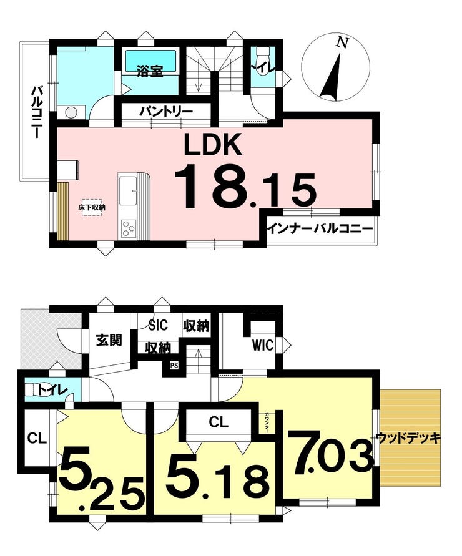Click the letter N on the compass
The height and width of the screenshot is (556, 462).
click(342, 42)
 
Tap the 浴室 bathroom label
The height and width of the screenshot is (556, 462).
click(150, 71)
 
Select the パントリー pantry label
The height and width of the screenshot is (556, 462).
click(166, 112)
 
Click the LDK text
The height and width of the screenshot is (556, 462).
click(212, 144)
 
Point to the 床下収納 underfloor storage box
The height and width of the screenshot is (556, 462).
click(92, 207)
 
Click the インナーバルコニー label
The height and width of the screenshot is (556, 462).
click(320, 229)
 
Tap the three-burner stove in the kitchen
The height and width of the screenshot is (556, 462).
click(129, 228)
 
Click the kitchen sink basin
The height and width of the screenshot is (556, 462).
click(127, 190)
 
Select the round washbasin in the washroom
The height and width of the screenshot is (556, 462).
click(71, 113)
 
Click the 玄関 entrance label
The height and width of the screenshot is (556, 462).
click(109, 339)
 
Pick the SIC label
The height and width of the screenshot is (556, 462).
click(158, 325)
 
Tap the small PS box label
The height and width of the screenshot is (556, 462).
click(174, 365)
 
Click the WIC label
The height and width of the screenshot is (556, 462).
click(263, 345)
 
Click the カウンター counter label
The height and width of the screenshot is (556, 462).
click(267, 423)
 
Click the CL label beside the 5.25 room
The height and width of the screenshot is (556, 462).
click(37, 439)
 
